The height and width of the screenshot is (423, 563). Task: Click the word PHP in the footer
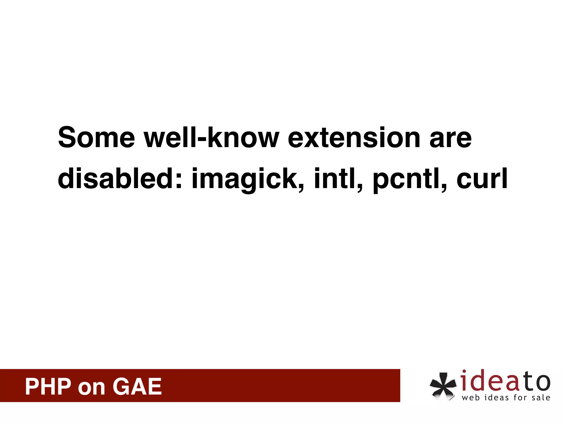[x=48, y=387]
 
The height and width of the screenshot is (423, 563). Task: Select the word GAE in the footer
[x=137, y=387]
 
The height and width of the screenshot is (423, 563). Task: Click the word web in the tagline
[x=471, y=398]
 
